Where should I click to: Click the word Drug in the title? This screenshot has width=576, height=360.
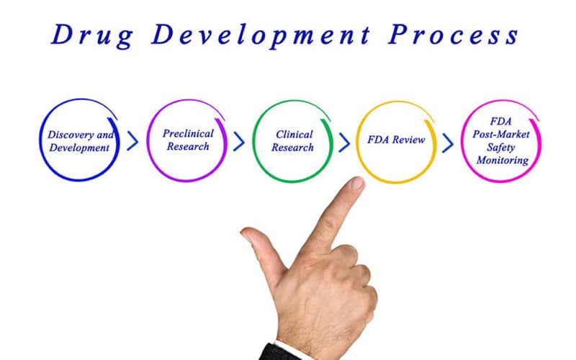(92, 35)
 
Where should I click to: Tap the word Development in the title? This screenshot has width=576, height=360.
(261, 35)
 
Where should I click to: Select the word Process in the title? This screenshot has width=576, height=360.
(454, 35)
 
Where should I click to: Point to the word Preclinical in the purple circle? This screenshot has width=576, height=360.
(188, 133)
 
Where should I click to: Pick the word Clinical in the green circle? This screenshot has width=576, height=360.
(294, 135)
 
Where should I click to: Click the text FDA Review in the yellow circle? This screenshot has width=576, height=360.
(397, 140)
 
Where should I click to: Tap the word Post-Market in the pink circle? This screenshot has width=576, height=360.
(501, 134)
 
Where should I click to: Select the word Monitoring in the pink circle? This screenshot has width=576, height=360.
(503, 161)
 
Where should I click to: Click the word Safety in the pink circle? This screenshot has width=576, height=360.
(500, 148)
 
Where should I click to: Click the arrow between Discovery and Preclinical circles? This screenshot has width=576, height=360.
(132, 141)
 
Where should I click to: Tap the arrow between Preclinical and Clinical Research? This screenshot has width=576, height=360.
(239, 141)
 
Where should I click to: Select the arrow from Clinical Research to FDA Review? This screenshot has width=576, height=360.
(344, 143)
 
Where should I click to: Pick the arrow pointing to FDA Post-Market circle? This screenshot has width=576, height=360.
(448, 143)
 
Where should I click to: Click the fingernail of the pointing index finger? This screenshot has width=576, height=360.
(356, 183)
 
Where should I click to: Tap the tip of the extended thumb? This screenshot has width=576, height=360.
(246, 233)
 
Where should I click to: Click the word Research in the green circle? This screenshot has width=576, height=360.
(292, 148)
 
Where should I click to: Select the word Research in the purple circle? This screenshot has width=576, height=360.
(188, 147)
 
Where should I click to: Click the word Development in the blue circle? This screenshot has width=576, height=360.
(79, 148)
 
